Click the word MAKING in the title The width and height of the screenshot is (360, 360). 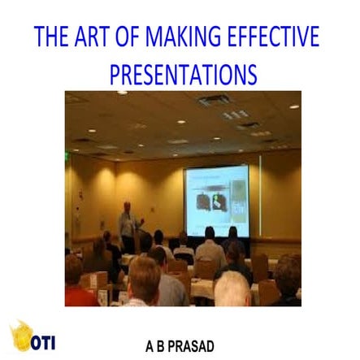coord(182,37)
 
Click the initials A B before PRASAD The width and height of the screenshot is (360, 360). coord(154,346)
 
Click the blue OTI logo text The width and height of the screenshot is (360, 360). coord(43,342)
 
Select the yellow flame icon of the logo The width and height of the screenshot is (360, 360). coord(21,336)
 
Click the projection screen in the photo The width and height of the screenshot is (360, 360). coord(216,200)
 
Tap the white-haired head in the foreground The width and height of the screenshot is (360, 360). coord(232,288)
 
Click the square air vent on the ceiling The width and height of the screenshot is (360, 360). coord(215,101)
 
